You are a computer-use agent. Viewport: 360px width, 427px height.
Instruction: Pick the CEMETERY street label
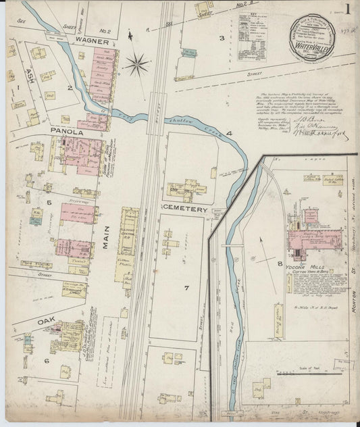pyautogui.click(x=184, y=210)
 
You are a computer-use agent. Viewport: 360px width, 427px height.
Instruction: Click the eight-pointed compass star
pyautogui.click(x=137, y=65)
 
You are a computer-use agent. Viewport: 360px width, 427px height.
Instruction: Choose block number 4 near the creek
pyautogui.click(x=229, y=134)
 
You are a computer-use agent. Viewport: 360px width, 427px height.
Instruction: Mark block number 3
pyautogui.click(x=221, y=38)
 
